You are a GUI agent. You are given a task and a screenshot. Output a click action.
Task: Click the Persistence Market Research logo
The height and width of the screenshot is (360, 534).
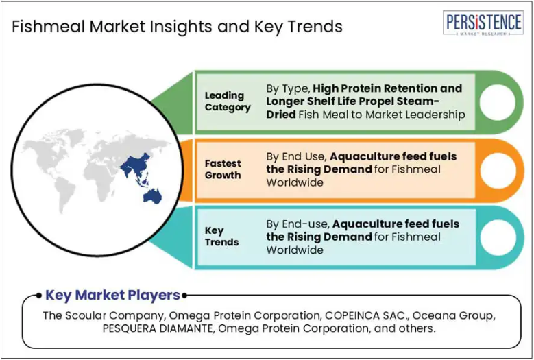(x=483, y=23)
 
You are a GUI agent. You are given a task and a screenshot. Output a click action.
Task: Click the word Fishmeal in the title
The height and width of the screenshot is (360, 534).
(x=49, y=26)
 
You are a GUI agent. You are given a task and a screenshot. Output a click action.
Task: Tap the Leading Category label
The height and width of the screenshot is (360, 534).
(x=228, y=101)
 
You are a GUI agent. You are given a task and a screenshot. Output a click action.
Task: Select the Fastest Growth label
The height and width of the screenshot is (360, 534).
(x=223, y=169)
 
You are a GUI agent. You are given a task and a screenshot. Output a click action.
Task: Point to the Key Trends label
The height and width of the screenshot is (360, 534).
(x=221, y=237)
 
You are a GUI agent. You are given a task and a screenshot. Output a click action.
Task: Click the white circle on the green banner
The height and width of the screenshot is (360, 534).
(x=498, y=102)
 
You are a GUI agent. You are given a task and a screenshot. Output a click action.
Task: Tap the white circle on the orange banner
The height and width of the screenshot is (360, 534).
(x=498, y=170)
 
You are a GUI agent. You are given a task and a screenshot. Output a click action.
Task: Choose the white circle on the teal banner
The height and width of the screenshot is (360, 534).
(x=498, y=238)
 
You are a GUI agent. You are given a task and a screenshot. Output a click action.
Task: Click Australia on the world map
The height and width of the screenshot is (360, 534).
(x=153, y=197)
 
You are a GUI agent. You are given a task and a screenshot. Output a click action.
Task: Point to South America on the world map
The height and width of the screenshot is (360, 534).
(x=64, y=195)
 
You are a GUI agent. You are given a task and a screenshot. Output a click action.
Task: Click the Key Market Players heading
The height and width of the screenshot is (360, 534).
(x=112, y=295)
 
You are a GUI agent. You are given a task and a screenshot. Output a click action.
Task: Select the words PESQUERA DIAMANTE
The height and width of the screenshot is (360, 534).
(x=158, y=328)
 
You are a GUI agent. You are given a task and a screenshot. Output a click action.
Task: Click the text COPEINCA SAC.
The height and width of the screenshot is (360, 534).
(x=367, y=315)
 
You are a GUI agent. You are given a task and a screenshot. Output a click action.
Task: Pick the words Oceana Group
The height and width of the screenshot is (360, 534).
(x=453, y=315)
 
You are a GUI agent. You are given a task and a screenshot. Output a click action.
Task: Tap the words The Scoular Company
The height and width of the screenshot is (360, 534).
(x=104, y=315)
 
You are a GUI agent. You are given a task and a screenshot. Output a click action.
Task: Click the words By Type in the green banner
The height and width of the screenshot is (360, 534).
(x=288, y=88)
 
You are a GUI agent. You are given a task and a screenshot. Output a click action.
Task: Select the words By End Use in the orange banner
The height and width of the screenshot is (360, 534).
(x=297, y=156)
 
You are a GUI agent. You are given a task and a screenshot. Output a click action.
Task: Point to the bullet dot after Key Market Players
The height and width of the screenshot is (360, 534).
(x=184, y=296)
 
